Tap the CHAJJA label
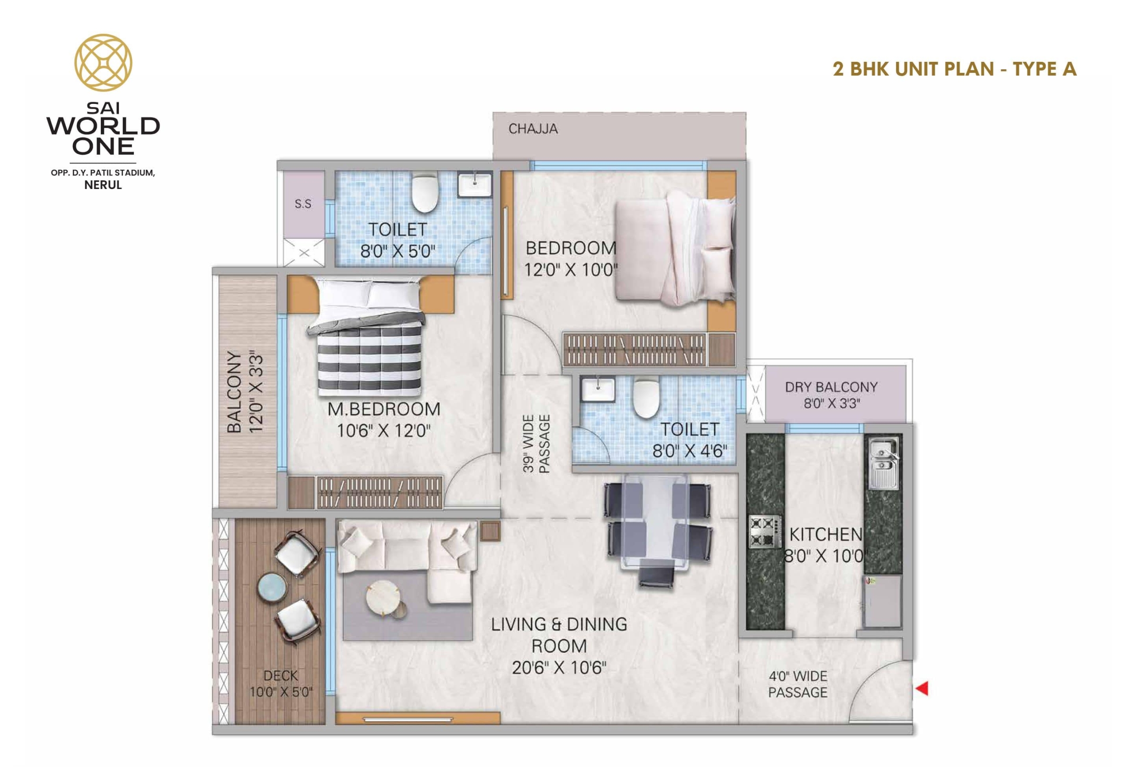coord(533,129)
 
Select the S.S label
coord(303,204)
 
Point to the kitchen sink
coord(884,463)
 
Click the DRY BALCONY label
coord(831,387)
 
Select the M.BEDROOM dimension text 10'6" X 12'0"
coord(384,430)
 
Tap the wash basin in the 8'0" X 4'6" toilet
coord(598,389)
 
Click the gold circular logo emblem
coord(103,63)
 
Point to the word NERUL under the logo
coord(103,185)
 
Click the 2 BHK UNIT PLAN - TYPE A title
coord(955,69)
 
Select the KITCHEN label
coord(826,534)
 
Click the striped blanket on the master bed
coord(369,360)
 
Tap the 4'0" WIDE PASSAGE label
coord(798,684)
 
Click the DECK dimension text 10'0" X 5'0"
coord(281,692)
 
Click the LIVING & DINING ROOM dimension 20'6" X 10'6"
coord(559,667)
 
